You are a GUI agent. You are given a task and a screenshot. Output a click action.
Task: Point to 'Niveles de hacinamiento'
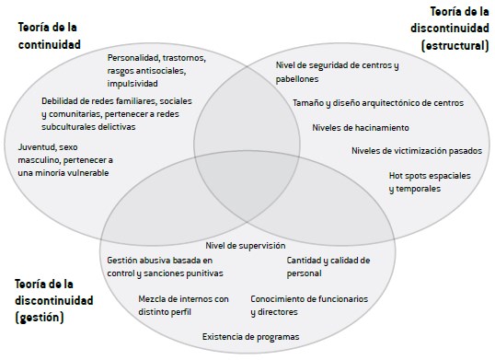[x=361, y=127]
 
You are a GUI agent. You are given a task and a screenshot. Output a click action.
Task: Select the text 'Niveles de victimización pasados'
[x=416, y=150]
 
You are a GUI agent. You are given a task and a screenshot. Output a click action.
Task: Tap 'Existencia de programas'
[x=250, y=337]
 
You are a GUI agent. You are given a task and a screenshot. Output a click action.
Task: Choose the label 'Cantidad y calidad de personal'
[x=328, y=266]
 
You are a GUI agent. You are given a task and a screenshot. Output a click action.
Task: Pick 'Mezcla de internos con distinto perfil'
[x=183, y=305]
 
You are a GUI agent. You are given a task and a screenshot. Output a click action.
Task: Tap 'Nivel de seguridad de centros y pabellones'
[x=337, y=72]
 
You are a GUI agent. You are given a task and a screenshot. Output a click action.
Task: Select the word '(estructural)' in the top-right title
[x=453, y=43]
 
